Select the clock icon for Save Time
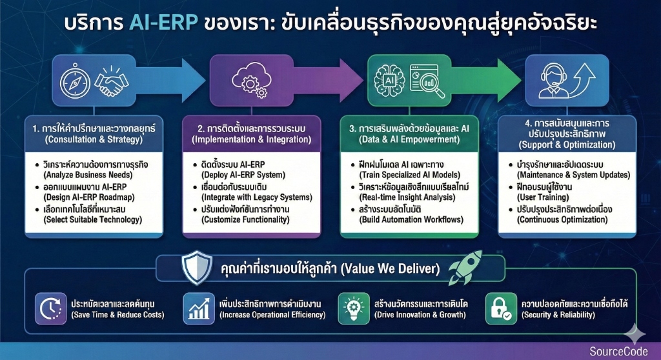point(48,308)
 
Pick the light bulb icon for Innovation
point(352,308)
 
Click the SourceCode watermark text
point(615,350)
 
